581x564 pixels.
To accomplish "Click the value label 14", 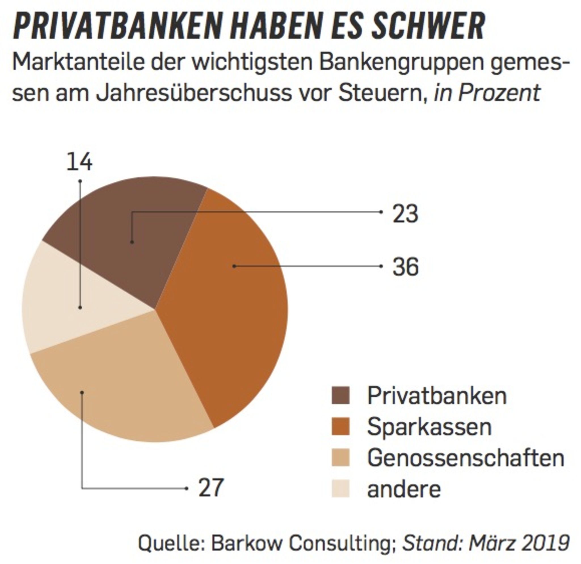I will click(79, 162).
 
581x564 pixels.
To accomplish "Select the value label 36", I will click(405, 267).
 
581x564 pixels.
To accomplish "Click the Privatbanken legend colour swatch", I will click(341, 395).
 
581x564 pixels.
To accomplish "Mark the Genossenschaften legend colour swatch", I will click(341, 458).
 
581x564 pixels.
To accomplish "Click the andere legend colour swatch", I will click(341, 489).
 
